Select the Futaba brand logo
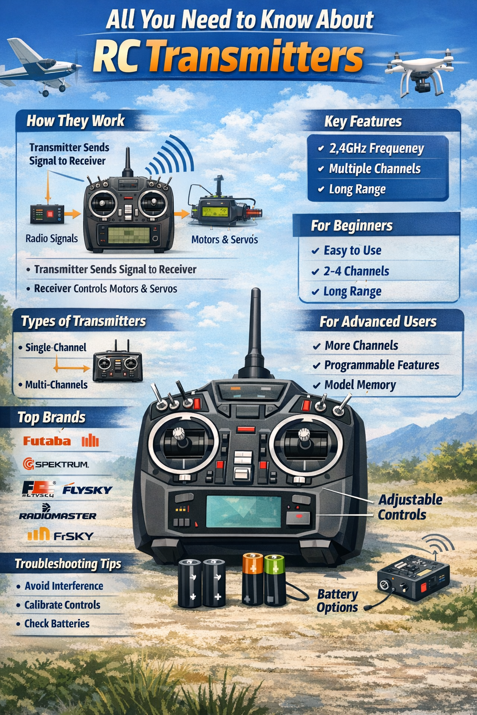tap(47, 441)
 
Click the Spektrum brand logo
tap(56, 464)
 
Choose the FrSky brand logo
tap(61, 535)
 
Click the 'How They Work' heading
tap(75, 121)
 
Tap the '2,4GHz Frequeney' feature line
tap(376, 148)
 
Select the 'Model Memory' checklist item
tap(360, 385)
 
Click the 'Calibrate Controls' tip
tap(62, 605)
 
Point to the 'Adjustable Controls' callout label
tap(409, 507)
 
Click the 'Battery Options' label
tap(337, 601)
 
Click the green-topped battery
tap(274, 580)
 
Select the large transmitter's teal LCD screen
tap(243, 511)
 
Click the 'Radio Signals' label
tap(52, 239)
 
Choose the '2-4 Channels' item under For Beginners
tap(356, 271)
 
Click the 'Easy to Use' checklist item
tap(352, 250)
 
